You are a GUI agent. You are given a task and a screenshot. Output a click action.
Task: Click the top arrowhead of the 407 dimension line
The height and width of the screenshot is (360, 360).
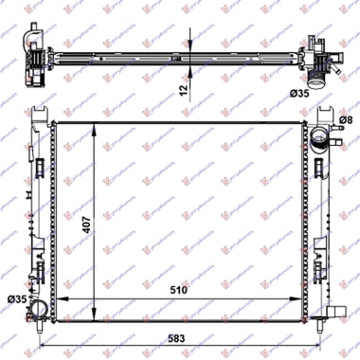pyautogui.click(x=94, y=126)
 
